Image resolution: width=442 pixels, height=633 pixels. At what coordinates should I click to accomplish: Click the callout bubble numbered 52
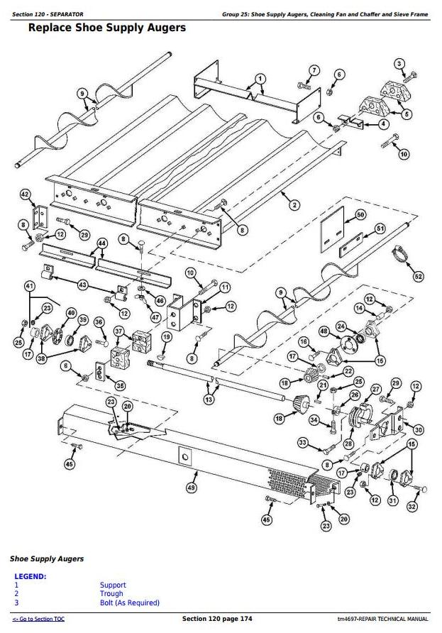418,276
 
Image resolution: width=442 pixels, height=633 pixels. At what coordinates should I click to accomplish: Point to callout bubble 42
25,194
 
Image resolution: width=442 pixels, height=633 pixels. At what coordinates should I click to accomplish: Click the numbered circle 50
360,214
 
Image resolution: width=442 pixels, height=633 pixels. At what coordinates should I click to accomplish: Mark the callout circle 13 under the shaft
208,400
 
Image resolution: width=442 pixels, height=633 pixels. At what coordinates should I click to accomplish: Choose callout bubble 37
118,331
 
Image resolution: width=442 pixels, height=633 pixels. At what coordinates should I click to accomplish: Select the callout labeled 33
302,444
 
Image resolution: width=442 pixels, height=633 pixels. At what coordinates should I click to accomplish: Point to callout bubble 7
314,70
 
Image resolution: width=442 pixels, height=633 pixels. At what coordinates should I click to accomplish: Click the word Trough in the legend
111,594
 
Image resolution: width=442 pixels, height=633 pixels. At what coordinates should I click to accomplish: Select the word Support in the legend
113,585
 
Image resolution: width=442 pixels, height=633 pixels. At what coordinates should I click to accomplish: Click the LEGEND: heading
30,576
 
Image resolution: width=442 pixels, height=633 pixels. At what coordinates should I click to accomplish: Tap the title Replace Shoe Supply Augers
106,28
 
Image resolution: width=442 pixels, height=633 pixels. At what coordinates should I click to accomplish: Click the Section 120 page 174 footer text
217,620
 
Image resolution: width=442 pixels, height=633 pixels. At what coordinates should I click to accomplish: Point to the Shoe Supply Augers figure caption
46,558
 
